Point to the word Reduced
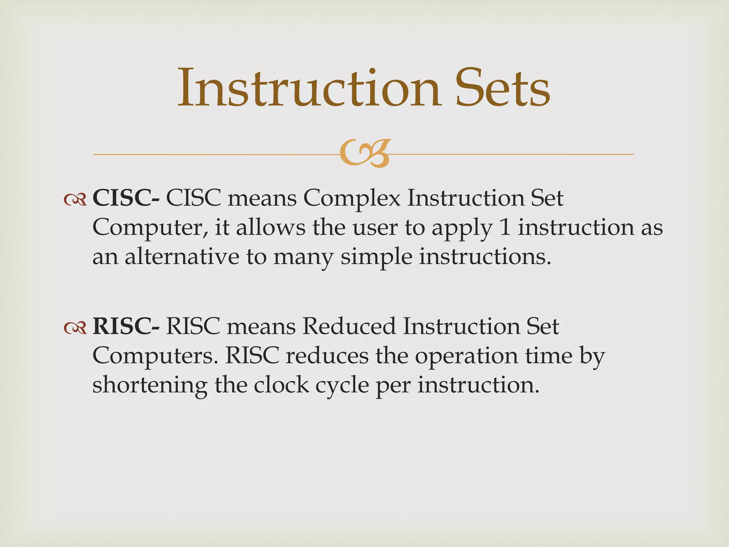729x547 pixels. (x=349, y=326)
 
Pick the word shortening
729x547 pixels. (x=150, y=385)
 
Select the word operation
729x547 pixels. (x=466, y=356)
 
